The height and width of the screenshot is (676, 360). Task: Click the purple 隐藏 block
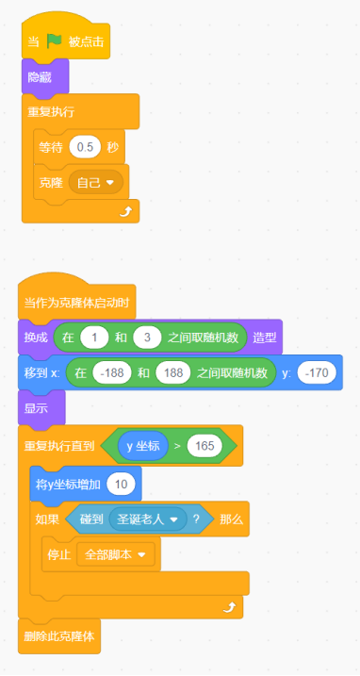click(40, 76)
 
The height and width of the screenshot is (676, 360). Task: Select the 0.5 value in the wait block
click(86, 148)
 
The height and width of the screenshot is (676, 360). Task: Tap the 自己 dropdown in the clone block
click(95, 181)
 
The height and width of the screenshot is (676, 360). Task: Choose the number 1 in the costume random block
click(94, 337)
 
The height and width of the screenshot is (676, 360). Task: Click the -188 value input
click(109, 372)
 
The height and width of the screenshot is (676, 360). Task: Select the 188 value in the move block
click(172, 372)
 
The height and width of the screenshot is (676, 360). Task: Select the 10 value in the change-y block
click(121, 484)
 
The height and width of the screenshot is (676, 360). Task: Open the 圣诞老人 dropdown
click(143, 519)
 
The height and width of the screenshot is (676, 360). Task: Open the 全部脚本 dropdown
click(115, 555)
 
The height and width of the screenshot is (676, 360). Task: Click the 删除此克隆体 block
click(58, 635)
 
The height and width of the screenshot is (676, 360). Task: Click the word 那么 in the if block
click(232, 519)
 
